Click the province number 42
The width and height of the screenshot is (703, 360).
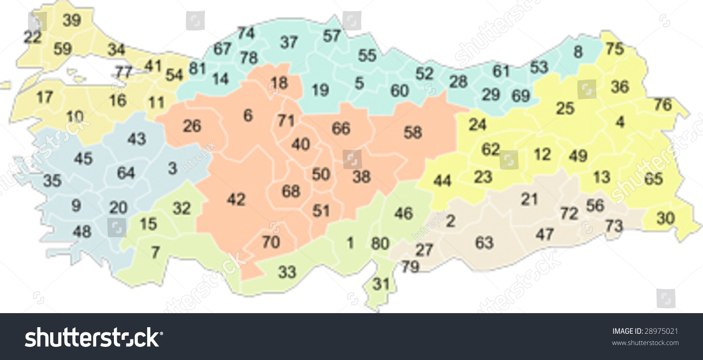236,200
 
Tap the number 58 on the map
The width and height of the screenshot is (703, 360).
412,133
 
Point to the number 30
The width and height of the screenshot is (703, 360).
666,218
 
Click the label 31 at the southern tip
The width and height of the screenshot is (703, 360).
381,284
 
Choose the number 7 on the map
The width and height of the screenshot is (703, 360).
155,253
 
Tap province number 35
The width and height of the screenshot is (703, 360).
52,180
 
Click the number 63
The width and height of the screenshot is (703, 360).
484,243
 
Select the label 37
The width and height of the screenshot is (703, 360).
289,42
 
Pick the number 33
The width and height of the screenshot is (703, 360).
287,272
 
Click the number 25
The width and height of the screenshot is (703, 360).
565,109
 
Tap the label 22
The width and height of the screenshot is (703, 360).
32,37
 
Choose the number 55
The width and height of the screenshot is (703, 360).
367,55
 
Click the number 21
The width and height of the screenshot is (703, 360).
529,199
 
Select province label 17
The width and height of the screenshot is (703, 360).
45,97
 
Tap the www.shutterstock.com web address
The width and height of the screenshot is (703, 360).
645,343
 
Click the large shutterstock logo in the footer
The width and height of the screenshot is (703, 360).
94,337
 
